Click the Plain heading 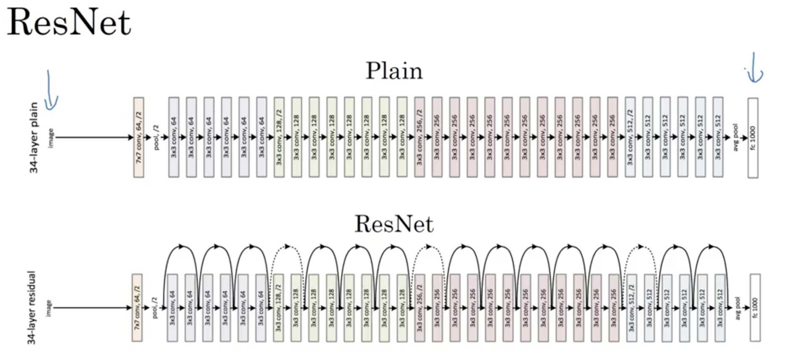click(x=394, y=71)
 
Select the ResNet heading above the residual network click(x=394, y=224)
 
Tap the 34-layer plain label click(x=34, y=138)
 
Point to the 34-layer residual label click(x=32, y=308)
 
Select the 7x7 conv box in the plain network click(x=139, y=138)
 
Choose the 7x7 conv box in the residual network click(x=137, y=308)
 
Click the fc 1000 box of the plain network click(x=753, y=138)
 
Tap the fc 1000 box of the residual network click(x=755, y=308)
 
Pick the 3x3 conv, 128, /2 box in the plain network click(x=279, y=138)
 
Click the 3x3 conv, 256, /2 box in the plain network click(x=419, y=138)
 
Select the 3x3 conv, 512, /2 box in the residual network click(x=631, y=308)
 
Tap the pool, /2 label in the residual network click(x=155, y=308)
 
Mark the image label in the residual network click(x=49, y=308)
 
